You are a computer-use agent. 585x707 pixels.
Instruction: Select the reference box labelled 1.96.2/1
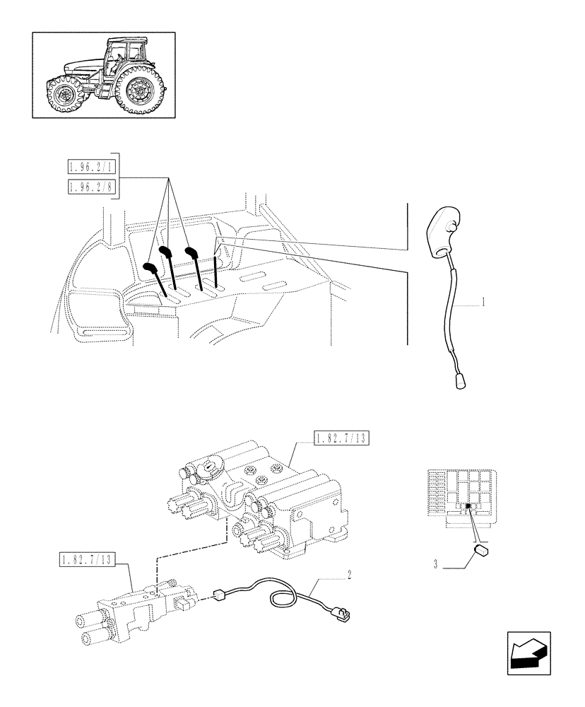point(93,168)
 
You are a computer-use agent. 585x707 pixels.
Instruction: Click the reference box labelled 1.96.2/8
point(93,187)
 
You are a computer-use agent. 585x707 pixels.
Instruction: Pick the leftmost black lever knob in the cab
point(151,267)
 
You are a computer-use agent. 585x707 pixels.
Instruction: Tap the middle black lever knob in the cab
point(166,251)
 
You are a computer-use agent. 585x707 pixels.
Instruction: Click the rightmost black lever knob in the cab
point(190,252)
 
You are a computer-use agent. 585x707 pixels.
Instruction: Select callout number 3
point(436,565)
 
